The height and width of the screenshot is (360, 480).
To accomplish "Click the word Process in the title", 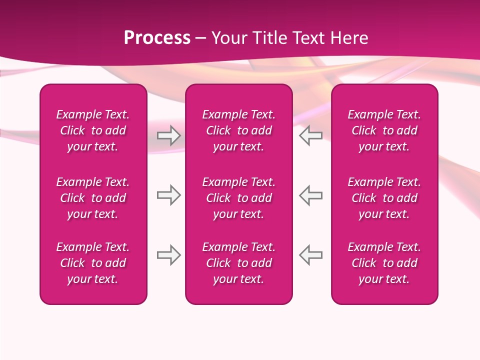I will coord(157,38).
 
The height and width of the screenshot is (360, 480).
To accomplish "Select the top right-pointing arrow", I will coord(168,135).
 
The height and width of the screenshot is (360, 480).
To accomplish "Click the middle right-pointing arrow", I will coord(168,195).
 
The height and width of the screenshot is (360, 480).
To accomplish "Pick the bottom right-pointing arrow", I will coord(168,255).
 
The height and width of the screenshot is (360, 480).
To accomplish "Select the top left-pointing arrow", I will coord(310,135).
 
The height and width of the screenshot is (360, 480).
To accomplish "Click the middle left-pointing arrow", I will coord(310,195).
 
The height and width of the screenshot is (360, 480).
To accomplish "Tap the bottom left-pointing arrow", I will coord(310,255).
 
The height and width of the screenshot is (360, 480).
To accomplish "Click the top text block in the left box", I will coord(93,130).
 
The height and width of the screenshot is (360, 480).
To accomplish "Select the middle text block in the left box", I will coord(93,198).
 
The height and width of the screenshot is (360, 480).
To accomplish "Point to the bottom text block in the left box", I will coord(93,263).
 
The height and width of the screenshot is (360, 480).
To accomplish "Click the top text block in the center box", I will coord(238,130).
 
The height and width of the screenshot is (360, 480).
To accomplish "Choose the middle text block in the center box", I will coord(238,198).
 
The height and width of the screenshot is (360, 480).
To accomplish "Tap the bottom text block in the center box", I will coord(238,263).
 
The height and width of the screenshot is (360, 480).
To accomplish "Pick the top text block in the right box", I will coord(384,130).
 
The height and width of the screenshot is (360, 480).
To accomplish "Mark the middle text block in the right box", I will coord(384,198).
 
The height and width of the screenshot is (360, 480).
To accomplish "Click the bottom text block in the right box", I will coord(384,263).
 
